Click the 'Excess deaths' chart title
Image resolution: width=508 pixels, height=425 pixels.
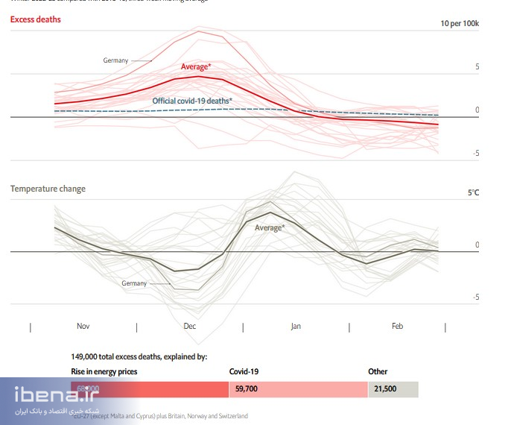pos(36,19)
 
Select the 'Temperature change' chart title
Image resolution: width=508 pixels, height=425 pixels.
pos(48,189)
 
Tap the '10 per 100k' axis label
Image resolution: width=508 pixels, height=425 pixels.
pos(460,24)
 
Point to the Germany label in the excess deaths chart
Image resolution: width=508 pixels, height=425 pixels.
pos(115,60)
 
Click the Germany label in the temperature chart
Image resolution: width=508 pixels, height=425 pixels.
pos(134,283)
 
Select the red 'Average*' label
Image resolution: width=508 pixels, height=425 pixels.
pos(196,67)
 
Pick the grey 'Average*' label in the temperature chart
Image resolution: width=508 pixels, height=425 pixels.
pos(270,227)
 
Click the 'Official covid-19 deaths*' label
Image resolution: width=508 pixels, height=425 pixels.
pos(192,101)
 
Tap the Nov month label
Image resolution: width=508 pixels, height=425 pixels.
pos(83,327)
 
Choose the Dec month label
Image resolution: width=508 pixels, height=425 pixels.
pos(189,327)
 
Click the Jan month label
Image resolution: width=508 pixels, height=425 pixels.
pos(296,327)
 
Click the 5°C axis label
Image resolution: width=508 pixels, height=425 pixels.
pos(473,192)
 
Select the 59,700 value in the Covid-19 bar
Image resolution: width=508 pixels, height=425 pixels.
pos(247,389)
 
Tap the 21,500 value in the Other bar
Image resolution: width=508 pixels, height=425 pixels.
pos(385,389)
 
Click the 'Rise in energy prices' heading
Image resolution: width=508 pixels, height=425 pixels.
pos(104,371)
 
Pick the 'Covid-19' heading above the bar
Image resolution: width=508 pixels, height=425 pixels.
pos(245,371)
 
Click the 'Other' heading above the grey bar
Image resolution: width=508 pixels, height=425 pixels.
pos(378,371)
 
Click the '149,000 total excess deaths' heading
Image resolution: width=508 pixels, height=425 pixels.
pos(139,357)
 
